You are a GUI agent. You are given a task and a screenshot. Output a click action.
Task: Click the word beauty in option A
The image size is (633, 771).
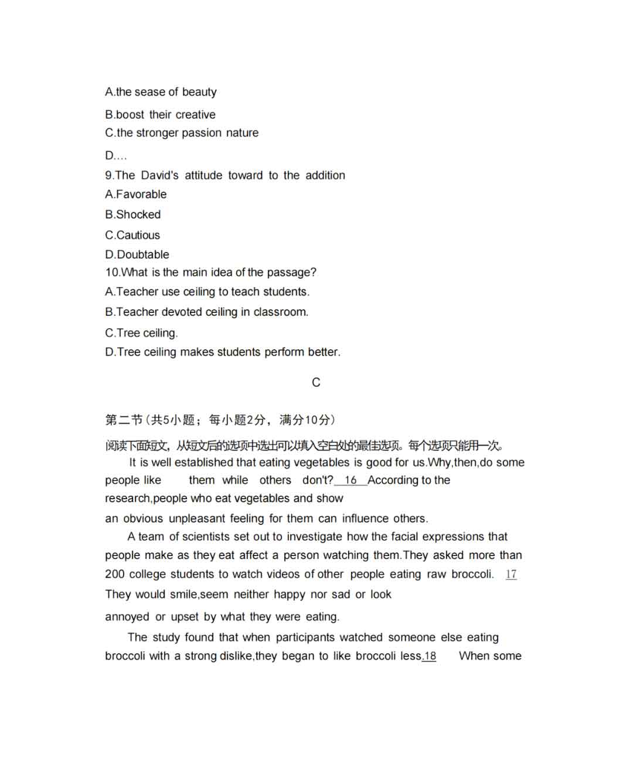pyautogui.click(x=199, y=92)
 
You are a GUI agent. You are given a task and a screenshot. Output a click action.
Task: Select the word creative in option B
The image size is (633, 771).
pyautogui.click(x=195, y=115)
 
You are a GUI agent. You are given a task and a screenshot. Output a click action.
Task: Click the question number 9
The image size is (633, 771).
pyautogui.click(x=108, y=175)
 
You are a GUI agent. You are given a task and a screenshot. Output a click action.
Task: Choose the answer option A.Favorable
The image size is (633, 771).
pyautogui.click(x=136, y=195)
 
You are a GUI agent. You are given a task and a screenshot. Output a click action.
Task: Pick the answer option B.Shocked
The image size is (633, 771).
pyautogui.click(x=133, y=214)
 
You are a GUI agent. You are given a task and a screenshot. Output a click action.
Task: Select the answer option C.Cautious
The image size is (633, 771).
pyautogui.click(x=132, y=235)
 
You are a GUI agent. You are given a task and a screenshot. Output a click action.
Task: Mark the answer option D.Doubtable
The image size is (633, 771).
pyautogui.click(x=137, y=255)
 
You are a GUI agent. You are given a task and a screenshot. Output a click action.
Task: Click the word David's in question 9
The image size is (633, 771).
pyautogui.click(x=159, y=175)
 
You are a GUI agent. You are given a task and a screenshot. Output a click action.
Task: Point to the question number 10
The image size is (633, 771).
pyautogui.click(x=111, y=272)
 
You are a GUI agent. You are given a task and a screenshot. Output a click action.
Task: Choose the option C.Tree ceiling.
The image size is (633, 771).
pyautogui.click(x=141, y=333)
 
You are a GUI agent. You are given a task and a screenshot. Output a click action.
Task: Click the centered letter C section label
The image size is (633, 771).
pyautogui.click(x=316, y=383)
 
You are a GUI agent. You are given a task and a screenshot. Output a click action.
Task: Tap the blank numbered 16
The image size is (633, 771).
pyautogui.click(x=350, y=480)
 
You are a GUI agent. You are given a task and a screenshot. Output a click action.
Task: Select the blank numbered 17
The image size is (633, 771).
pyautogui.click(x=511, y=575)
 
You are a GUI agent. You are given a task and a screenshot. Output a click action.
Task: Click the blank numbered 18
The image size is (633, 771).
pyautogui.click(x=430, y=656)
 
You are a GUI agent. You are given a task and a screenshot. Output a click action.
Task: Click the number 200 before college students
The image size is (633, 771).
pyautogui.click(x=115, y=575)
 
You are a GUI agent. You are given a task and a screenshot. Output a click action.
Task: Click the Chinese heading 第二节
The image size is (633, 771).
pyautogui.click(x=124, y=420)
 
